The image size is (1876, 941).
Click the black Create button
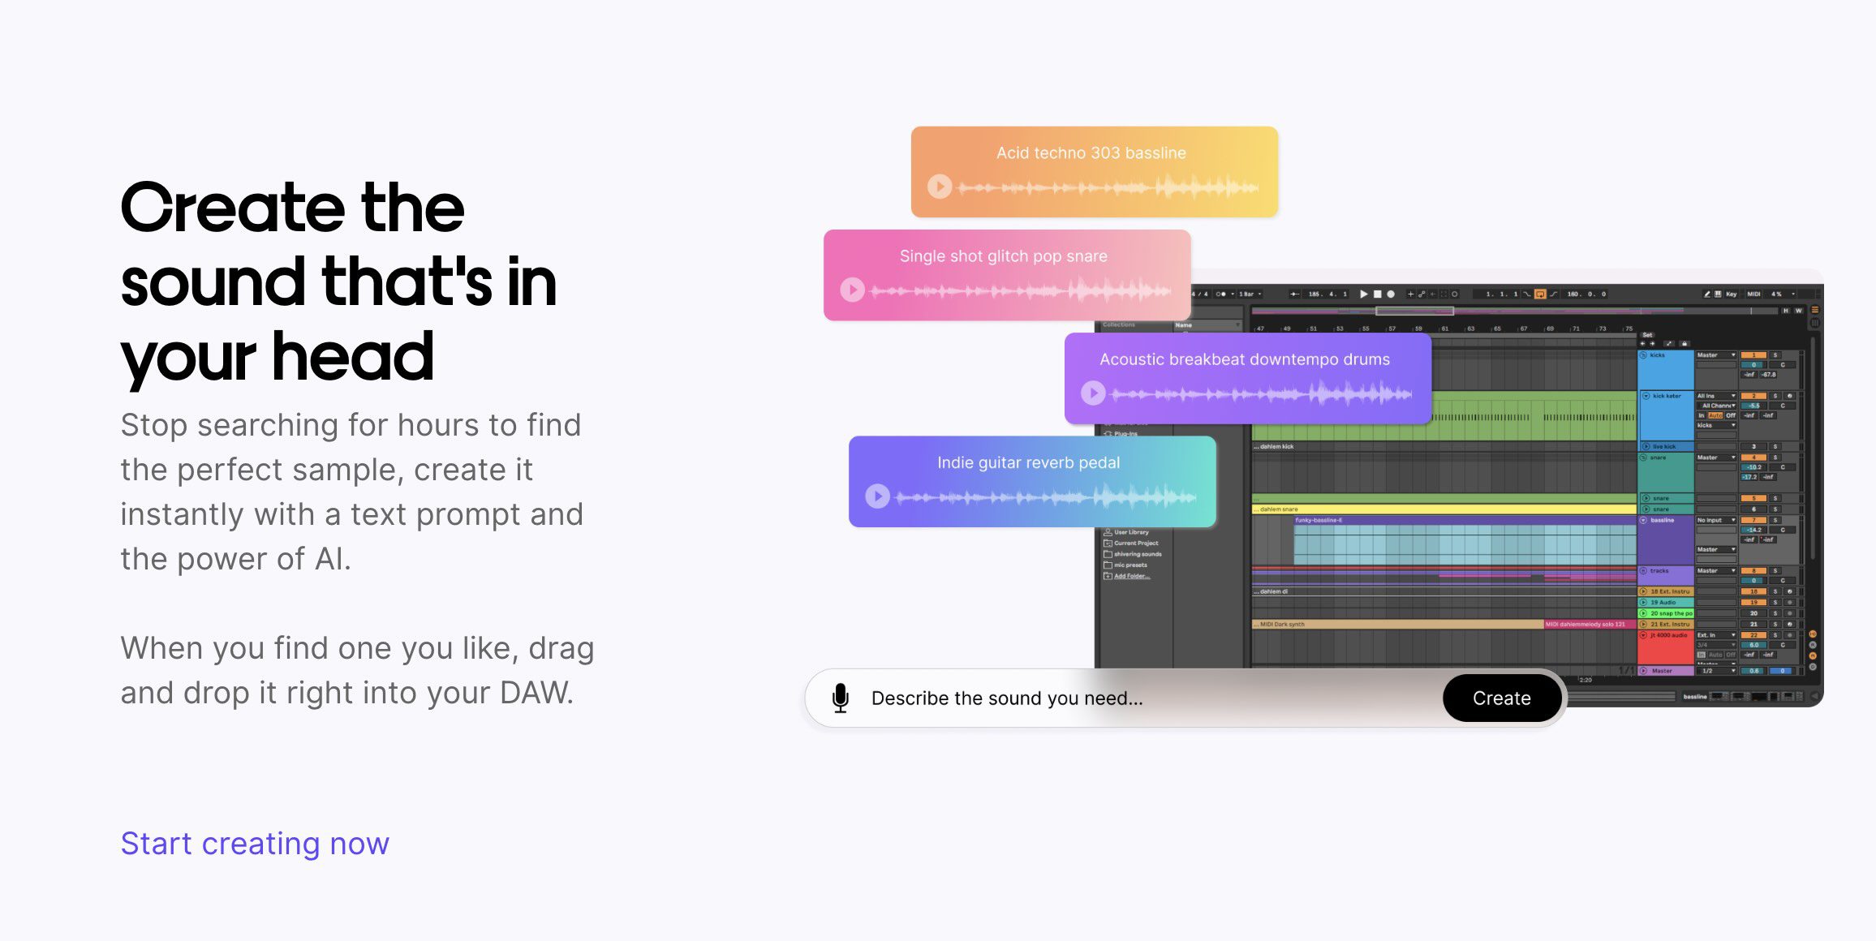tap(1501, 698)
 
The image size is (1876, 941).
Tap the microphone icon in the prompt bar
tap(841, 698)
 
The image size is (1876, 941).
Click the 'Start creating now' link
tap(255, 844)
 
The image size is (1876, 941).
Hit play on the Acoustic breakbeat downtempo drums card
tap(1093, 393)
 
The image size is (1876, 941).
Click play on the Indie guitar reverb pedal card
tap(877, 496)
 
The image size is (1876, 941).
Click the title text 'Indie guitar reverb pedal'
tap(1028, 462)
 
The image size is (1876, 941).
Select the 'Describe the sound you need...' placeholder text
tap(1007, 698)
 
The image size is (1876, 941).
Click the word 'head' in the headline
tap(353, 357)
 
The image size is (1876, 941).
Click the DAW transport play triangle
tap(1363, 294)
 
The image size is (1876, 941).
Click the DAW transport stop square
tap(1377, 294)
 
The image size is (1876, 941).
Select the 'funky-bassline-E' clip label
tap(1319, 520)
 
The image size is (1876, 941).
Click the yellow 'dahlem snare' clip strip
tap(1444, 509)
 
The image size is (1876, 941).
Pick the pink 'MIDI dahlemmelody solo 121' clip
tap(1585, 625)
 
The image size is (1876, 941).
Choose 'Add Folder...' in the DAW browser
tap(1131, 576)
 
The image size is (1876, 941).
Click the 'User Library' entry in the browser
tap(1130, 532)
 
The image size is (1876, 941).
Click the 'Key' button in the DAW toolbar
tap(1731, 294)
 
